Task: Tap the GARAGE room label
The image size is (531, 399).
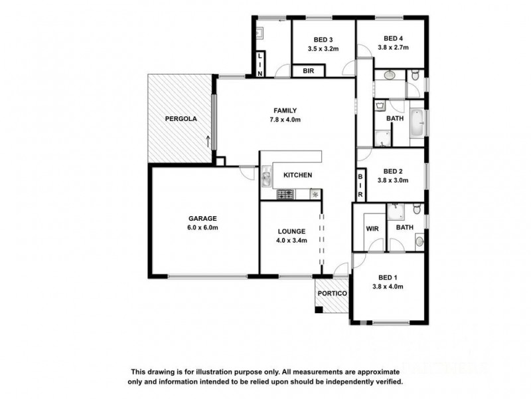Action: [x=202, y=218]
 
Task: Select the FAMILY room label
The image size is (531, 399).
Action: [x=285, y=110]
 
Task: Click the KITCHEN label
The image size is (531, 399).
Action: [x=297, y=175]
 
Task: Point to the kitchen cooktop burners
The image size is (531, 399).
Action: [x=286, y=194]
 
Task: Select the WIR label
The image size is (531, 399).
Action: [x=372, y=228]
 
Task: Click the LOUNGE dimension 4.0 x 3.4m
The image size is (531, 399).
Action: [x=291, y=241]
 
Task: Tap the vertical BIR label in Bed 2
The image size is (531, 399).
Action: [x=360, y=186]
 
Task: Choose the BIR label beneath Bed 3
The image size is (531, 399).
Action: [x=308, y=70]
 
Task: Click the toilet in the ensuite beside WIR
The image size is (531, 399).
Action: [x=416, y=210]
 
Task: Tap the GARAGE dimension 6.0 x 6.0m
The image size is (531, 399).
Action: [x=202, y=227]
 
